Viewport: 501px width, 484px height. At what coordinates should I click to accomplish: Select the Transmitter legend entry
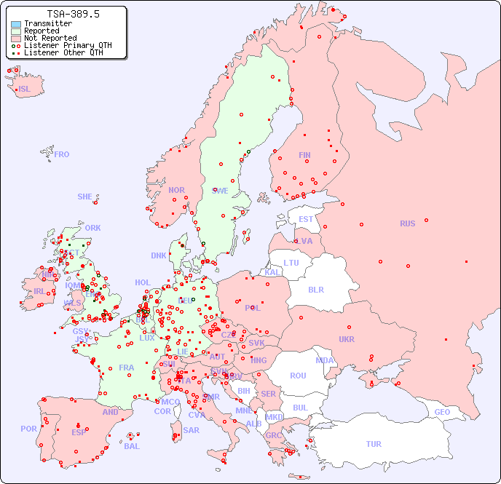pyautogui.click(x=47, y=23)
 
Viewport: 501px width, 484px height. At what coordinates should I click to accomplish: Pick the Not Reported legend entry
pyautogui.click(x=50, y=38)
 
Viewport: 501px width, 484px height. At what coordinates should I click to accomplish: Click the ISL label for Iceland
pyautogui.click(x=24, y=90)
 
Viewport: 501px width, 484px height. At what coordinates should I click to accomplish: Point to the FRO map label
pyautogui.click(x=62, y=154)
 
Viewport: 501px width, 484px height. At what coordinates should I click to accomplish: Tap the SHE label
pyautogui.click(x=85, y=197)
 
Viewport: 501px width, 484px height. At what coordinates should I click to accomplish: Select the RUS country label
pyautogui.click(x=407, y=223)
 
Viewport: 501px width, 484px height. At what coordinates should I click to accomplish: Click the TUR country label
pyautogui.click(x=374, y=444)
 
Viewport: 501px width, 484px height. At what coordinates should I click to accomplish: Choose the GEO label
pyautogui.click(x=442, y=412)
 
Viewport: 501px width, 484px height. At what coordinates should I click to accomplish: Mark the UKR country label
pyautogui.click(x=346, y=339)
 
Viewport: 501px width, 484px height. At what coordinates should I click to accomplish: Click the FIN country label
pyautogui.click(x=304, y=155)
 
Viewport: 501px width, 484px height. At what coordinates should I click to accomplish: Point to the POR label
pyautogui.click(x=28, y=429)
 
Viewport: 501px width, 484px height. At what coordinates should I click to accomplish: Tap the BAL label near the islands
pyautogui.click(x=132, y=446)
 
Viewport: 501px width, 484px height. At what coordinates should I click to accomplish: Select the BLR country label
pyautogui.click(x=316, y=289)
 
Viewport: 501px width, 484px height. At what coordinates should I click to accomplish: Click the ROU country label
pyautogui.click(x=298, y=376)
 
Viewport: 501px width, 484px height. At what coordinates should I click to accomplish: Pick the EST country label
pyautogui.click(x=306, y=219)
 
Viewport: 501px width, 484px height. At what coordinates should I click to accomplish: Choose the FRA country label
pyautogui.click(x=127, y=368)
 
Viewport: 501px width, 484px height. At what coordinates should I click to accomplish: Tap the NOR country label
pyautogui.click(x=176, y=190)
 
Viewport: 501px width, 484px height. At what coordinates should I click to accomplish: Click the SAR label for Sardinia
pyautogui.click(x=191, y=430)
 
